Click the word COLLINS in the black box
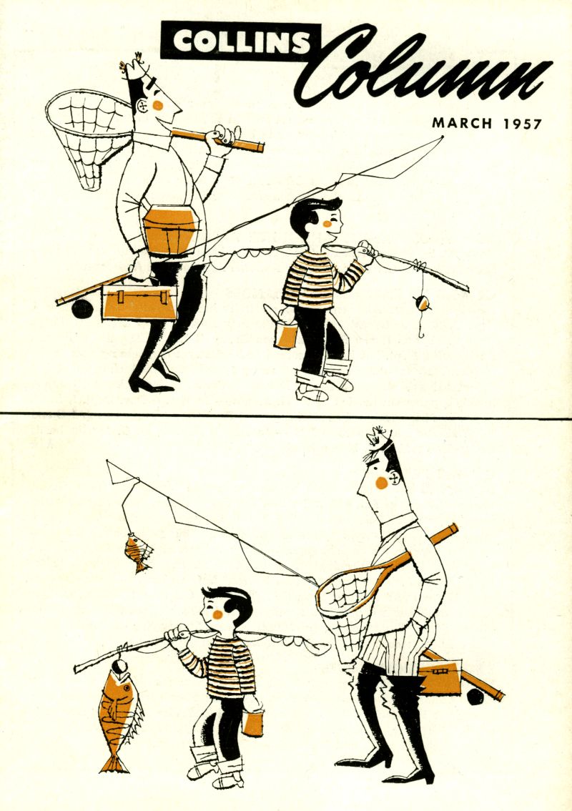coord(242,41)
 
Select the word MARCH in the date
coord(463,123)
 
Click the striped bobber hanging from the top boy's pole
coord(422,303)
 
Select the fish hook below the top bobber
coord(422,331)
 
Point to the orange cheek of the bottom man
coord(381,483)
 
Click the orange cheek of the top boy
coord(327,224)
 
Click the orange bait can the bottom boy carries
coord(252,722)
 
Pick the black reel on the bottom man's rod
coord(475,697)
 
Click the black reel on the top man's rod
coord(82,309)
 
